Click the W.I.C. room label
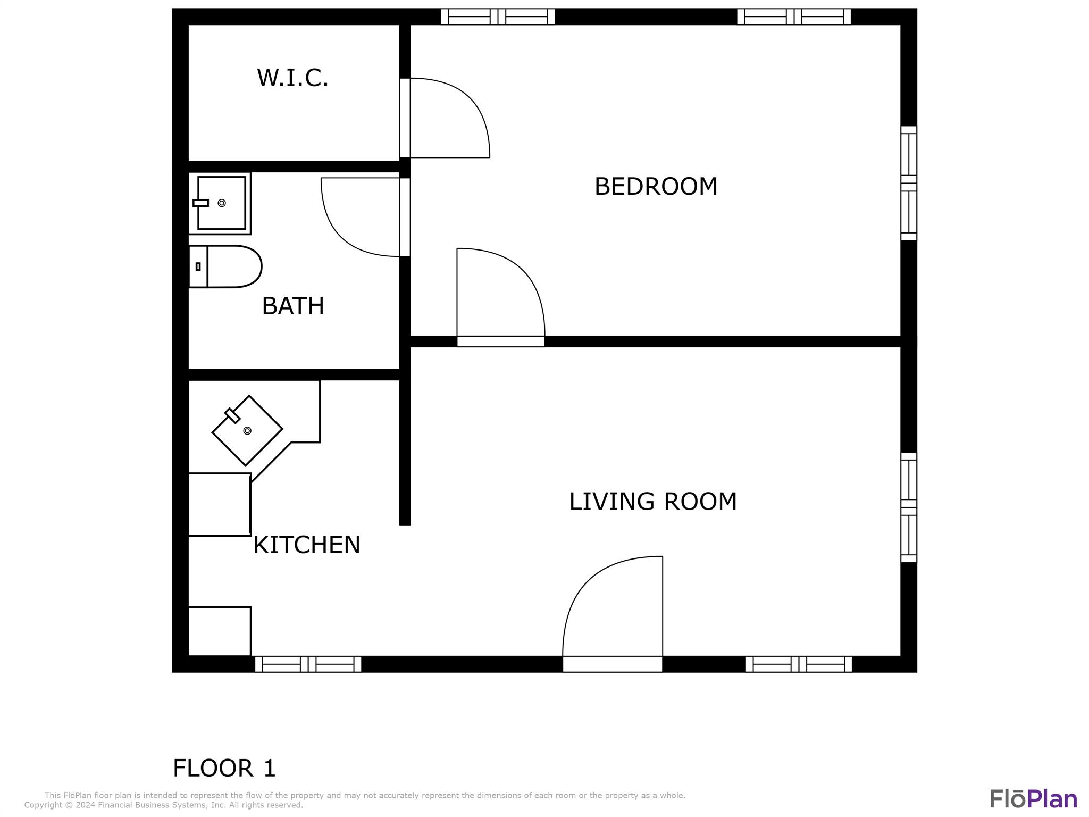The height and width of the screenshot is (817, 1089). click(x=292, y=78)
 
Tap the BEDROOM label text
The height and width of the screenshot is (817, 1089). click(x=656, y=187)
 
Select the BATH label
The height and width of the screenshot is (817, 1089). click(x=293, y=306)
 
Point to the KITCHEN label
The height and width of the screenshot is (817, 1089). click(x=307, y=545)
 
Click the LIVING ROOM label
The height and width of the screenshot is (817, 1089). click(x=653, y=502)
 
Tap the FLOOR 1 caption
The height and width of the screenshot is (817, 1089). click(x=224, y=768)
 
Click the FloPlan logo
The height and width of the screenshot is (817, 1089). click(x=1033, y=798)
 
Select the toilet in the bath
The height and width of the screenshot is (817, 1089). click(x=225, y=266)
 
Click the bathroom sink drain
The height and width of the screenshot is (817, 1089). click(x=222, y=203)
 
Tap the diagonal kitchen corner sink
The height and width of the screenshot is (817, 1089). click(x=247, y=430)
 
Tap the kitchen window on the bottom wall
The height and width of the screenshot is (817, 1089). click(x=308, y=664)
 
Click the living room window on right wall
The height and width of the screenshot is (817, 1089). click(x=909, y=507)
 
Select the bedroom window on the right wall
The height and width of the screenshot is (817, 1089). click(x=909, y=183)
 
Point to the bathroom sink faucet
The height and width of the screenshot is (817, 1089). click(x=200, y=203)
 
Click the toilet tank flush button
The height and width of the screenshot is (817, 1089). click(x=198, y=266)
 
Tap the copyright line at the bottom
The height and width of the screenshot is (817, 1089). click(x=164, y=805)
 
